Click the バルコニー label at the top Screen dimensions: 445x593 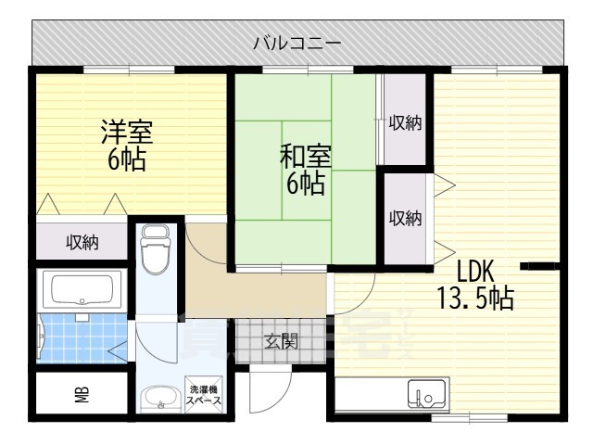coord(297,43)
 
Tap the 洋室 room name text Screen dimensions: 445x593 coord(126,132)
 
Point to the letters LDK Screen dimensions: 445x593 coord(476,272)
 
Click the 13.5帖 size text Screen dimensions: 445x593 coord(476,299)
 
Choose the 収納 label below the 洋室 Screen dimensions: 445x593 coord(82,243)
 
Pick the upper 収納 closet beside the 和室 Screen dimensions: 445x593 coord(405,122)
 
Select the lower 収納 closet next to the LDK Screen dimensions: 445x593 coord(405,219)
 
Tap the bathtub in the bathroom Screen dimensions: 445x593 coord(82,290)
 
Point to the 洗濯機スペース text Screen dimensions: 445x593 coord(205,395)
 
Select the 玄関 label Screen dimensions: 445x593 coord(284,341)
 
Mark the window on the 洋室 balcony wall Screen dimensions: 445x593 coord(129,70)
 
